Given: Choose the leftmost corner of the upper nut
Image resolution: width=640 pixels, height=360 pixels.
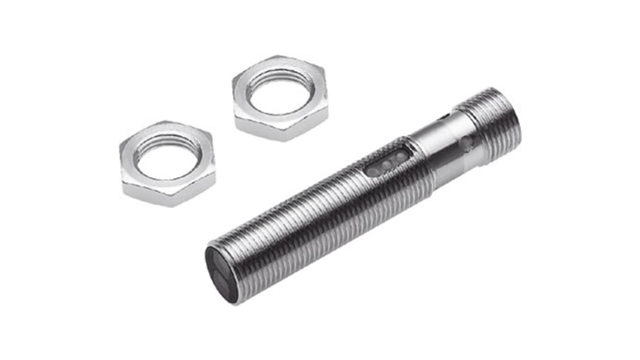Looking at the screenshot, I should [233, 86].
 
